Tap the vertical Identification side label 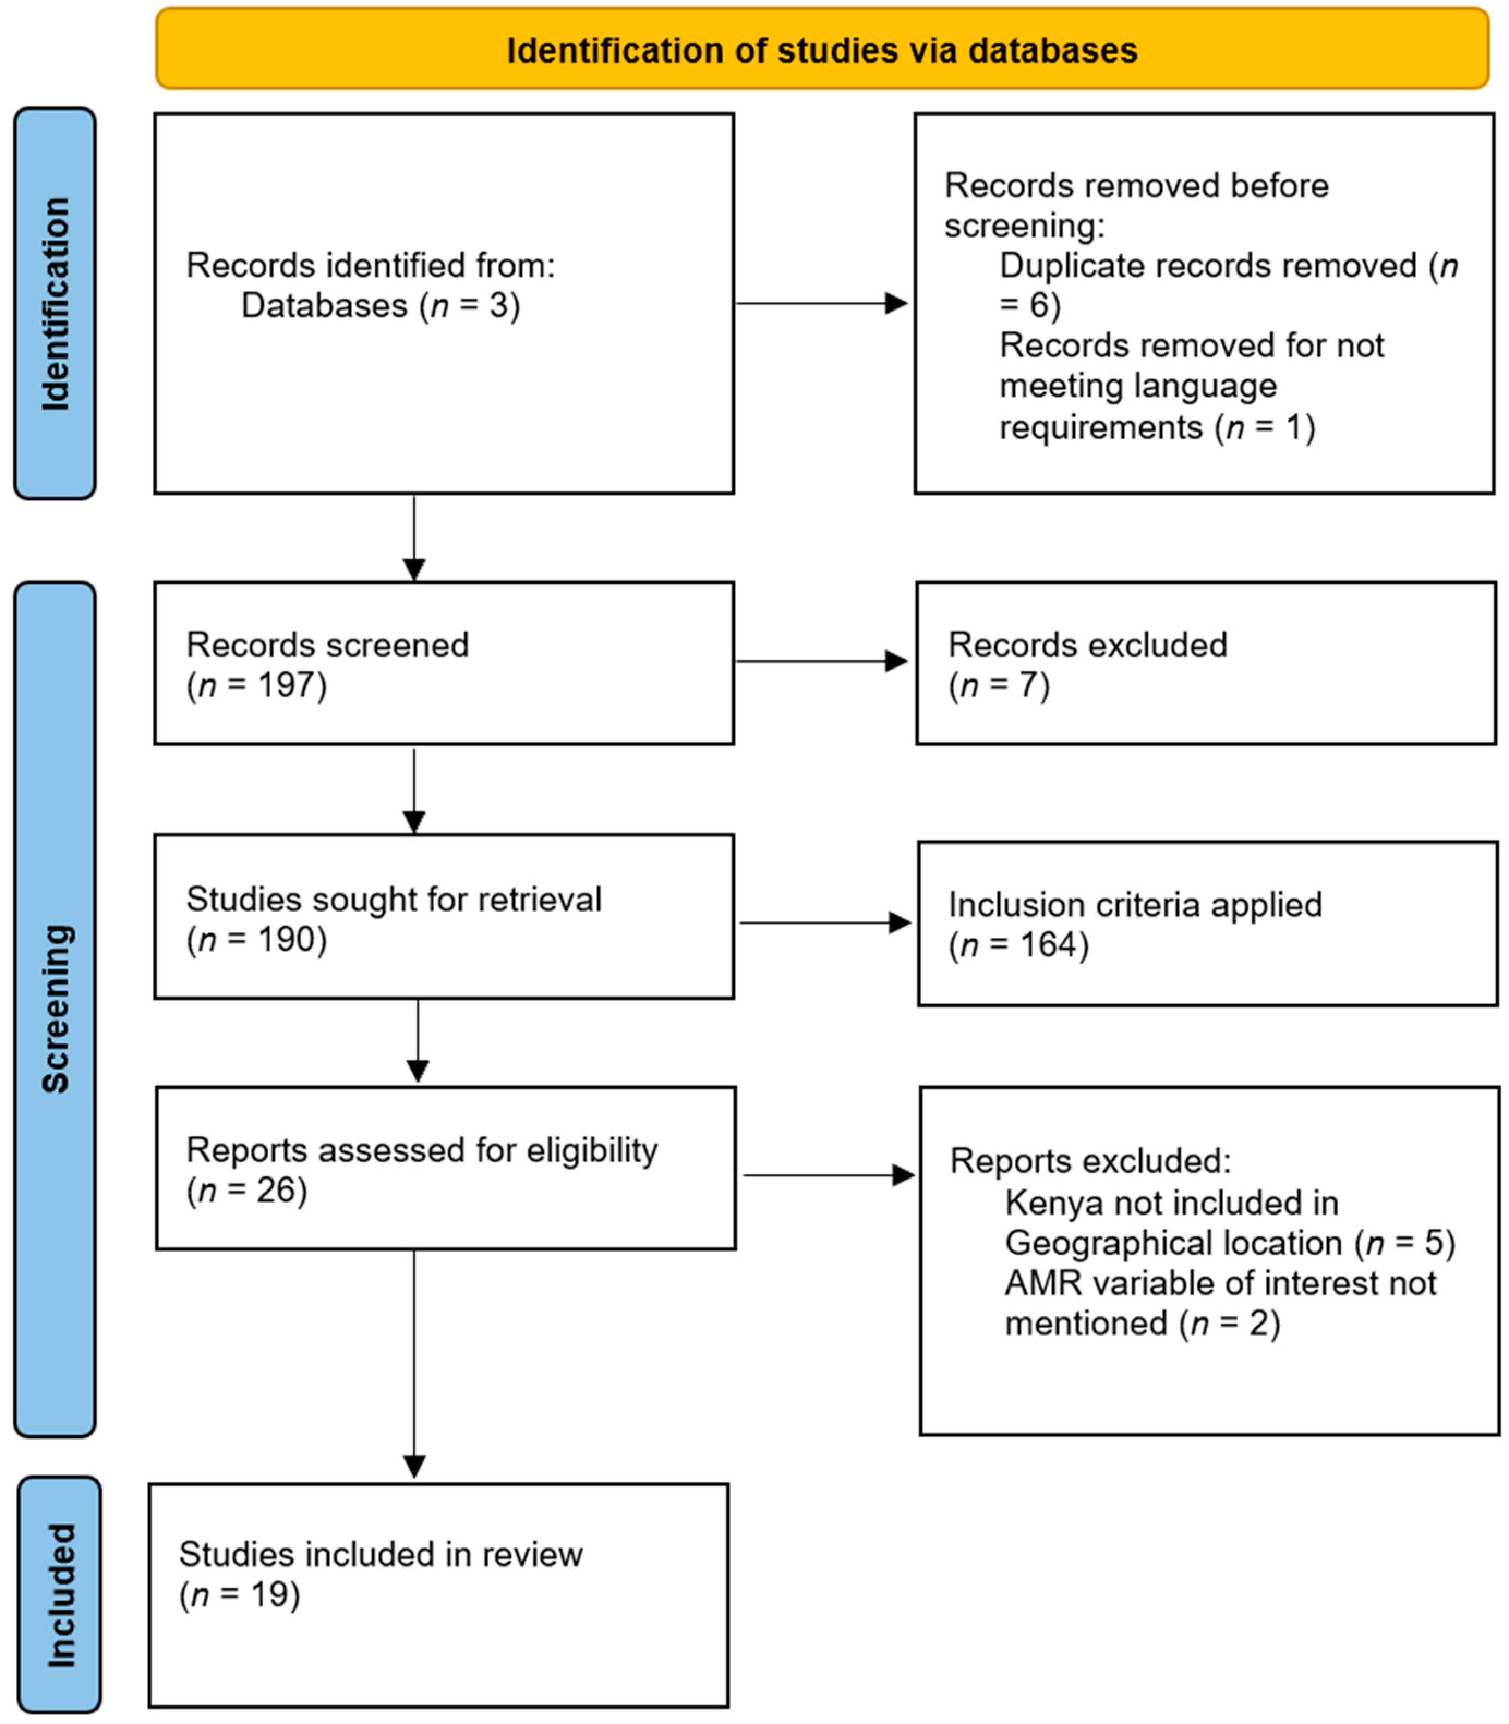[x=56, y=304]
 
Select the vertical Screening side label [x=56, y=1009]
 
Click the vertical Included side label [x=61, y=1595]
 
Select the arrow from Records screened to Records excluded [x=821, y=661]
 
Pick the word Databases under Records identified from [x=324, y=306]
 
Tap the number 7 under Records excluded [x=1027, y=685]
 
